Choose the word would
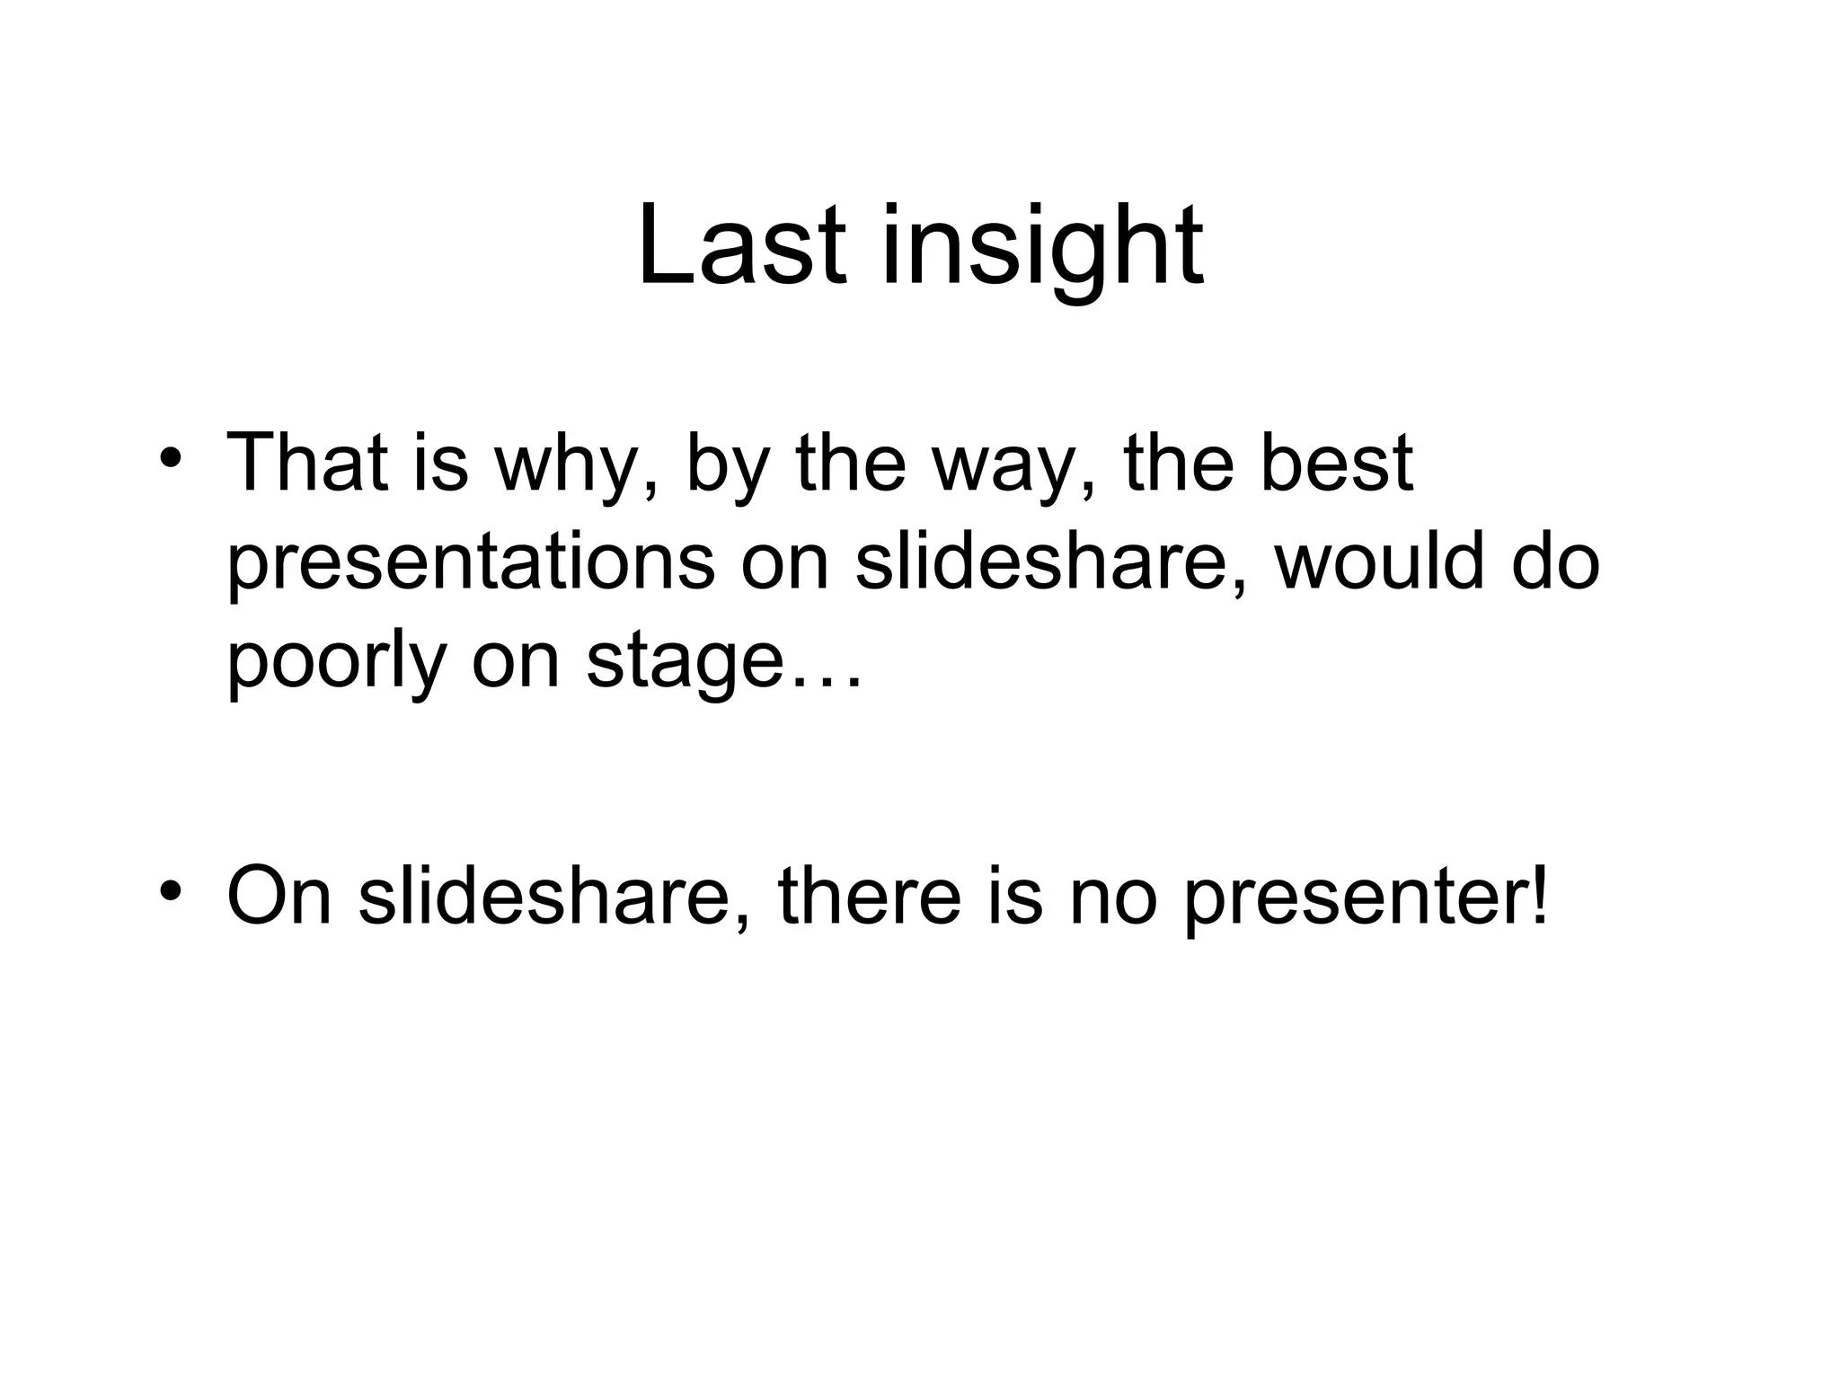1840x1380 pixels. (1379, 562)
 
